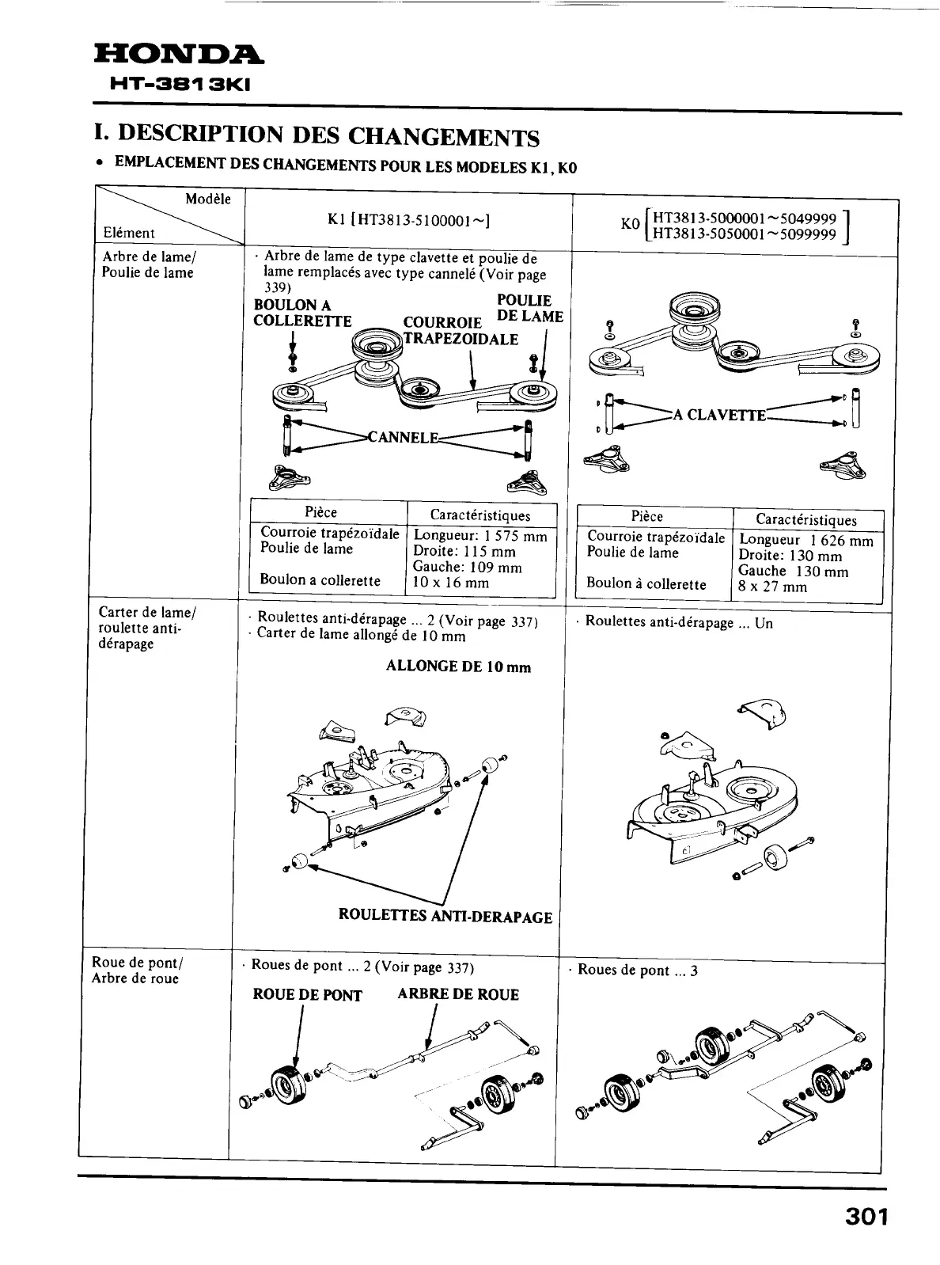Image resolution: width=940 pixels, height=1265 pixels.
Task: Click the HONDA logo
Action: (x=180, y=55)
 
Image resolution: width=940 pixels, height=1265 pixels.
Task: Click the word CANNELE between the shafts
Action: (x=403, y=437)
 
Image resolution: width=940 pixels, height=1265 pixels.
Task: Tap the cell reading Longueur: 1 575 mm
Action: (x=479, y=536)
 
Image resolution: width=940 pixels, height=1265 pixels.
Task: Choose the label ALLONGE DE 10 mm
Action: (x=458, y=667)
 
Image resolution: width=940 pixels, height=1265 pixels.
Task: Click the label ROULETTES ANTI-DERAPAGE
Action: (x=445, y=917)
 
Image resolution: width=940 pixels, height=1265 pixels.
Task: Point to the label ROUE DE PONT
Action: (x=307, y=995)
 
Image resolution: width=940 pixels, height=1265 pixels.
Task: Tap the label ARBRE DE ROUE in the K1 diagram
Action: (x=458, y=994)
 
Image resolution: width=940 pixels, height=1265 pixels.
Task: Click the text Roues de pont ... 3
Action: (x=638, y=970)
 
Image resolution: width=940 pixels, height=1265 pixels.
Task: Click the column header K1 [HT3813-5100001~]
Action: (x=408, y=220)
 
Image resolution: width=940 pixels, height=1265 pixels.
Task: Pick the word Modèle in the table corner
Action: (x=208, y=199)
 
